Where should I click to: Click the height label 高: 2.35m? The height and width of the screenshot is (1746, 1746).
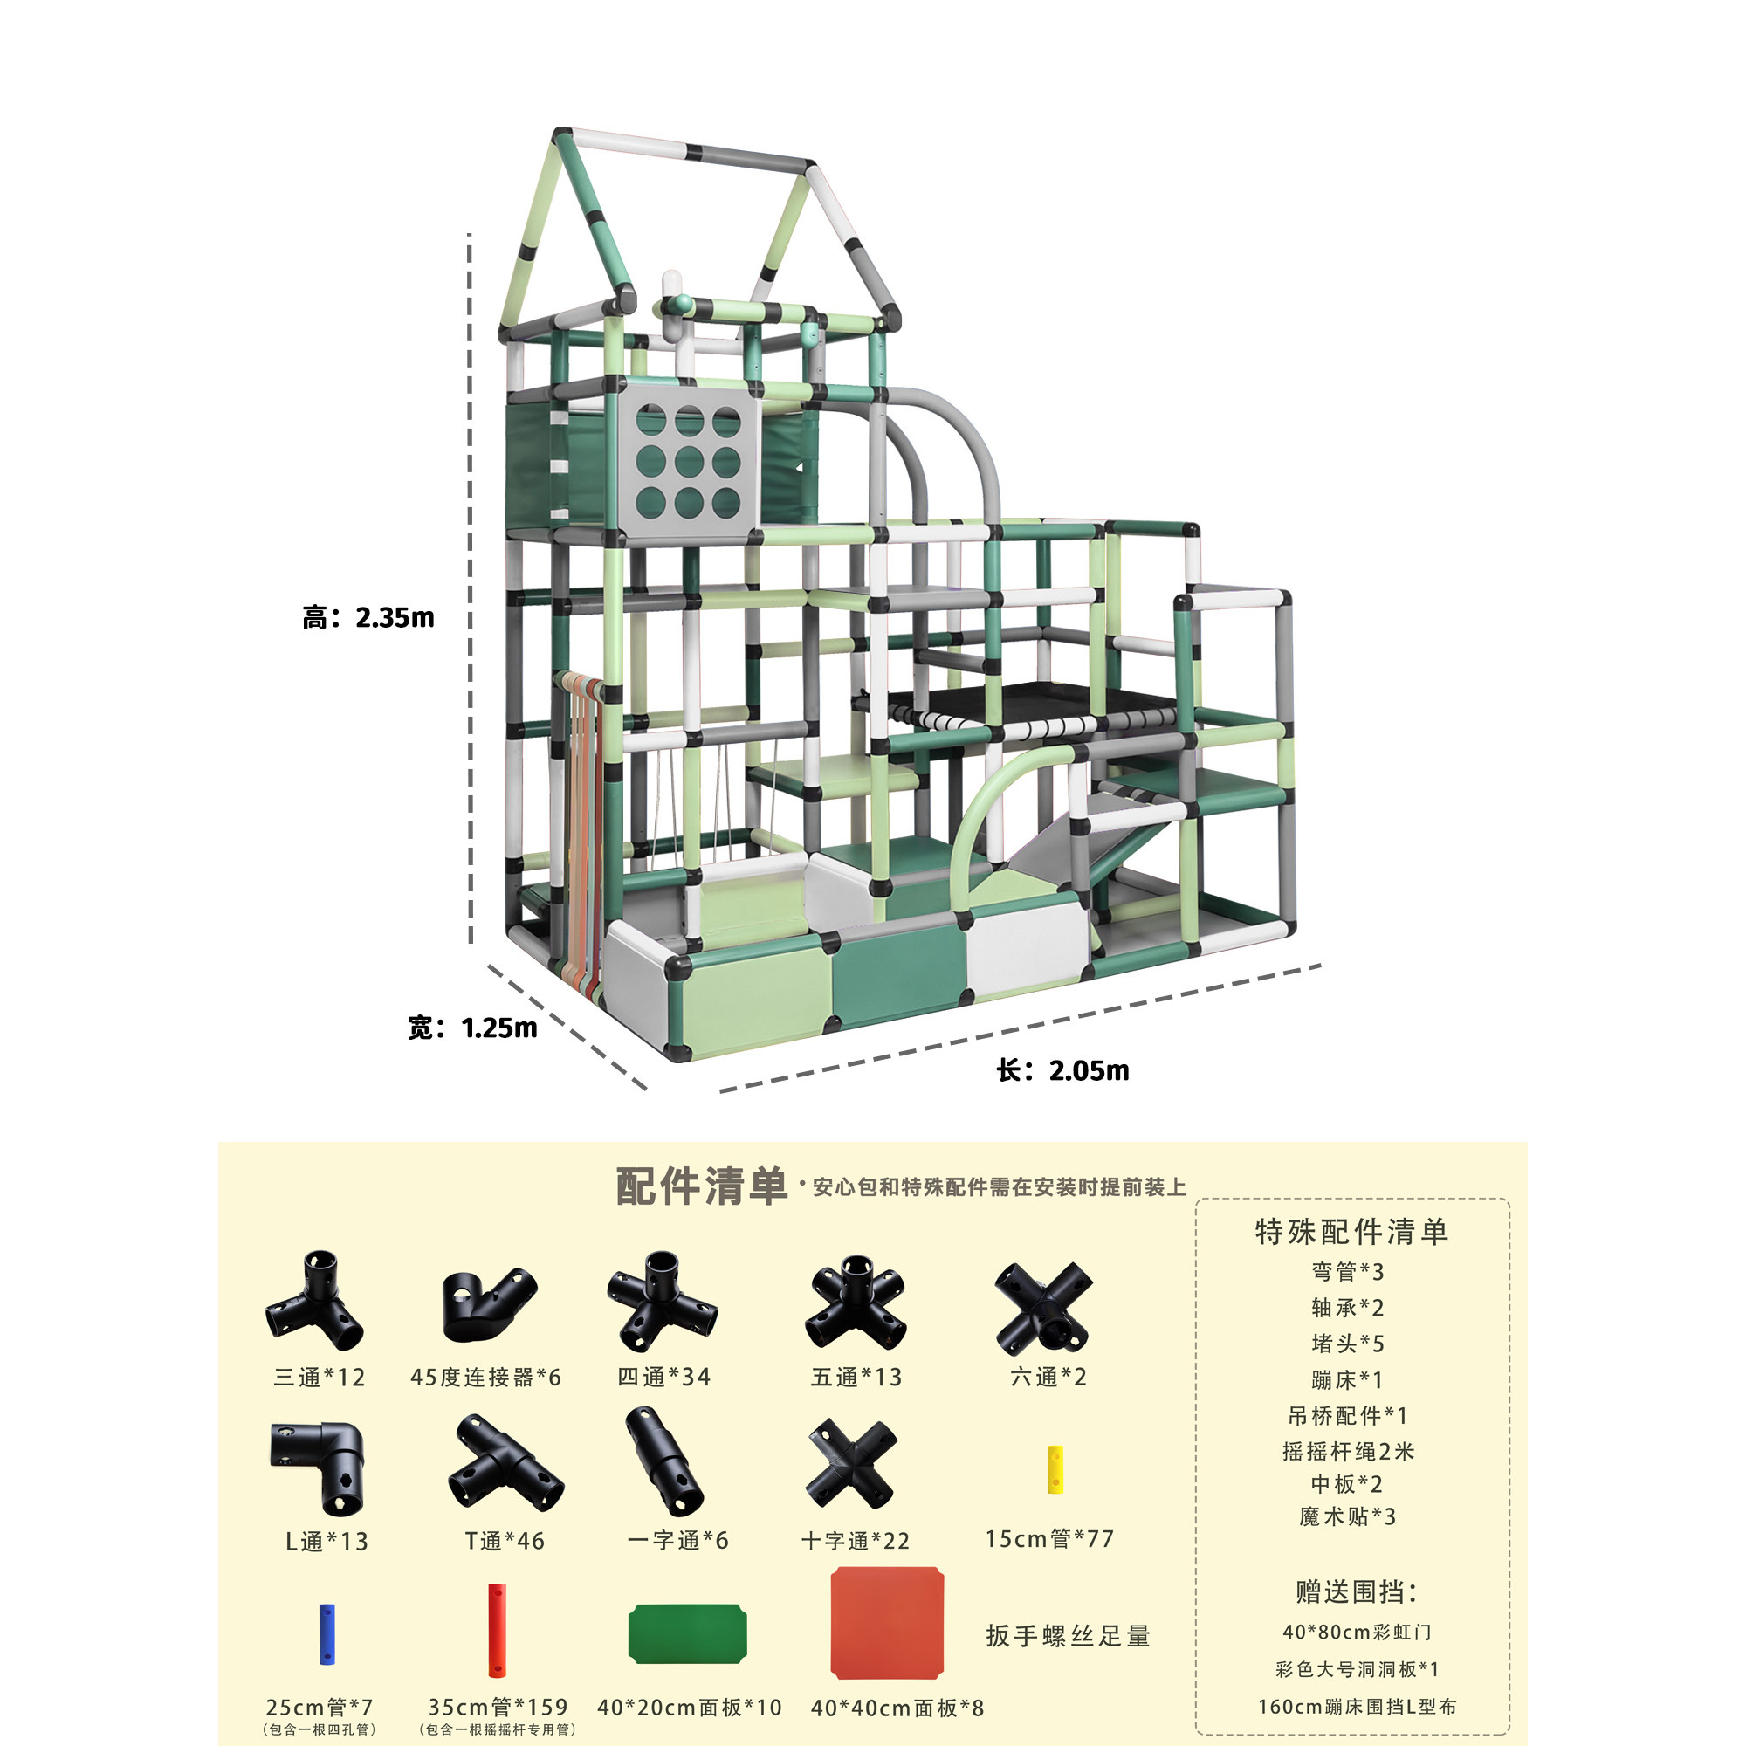(x=368, y=618)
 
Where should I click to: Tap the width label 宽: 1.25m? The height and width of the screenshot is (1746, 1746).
(x=471, y=1028)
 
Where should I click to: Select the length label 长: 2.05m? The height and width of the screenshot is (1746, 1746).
(x=1062, y=1071)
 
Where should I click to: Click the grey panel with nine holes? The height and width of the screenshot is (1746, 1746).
(x=688, y=462)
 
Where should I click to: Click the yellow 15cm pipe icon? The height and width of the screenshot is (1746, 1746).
(x=1055, y=1469)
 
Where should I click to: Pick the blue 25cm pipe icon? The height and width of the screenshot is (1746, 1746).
(x=327, y=1634)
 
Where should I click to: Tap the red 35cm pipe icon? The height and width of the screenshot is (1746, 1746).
(x=496, y=1630)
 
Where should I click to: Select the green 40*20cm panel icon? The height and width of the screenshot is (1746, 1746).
(x=688, y=1633)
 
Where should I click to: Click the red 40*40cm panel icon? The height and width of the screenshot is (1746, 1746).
(x=887, y=1623)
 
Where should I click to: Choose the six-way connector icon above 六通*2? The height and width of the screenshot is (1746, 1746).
(x=1045, y=1308)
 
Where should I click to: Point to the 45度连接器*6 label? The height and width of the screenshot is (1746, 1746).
(x=485, y=1378)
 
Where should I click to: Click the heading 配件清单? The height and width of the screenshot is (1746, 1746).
(x=701, y=1186)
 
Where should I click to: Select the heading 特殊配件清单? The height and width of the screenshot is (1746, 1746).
(x=1351, y=1232)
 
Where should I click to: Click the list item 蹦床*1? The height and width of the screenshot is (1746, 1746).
(x=1346, y=1380)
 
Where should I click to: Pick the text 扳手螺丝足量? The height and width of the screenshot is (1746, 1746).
(x=1069, y=1636)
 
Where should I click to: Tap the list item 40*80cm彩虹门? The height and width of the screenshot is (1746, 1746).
(x=1357, y=1633)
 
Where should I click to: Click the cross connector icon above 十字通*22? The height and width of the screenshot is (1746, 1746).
(x=852, y=1465)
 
